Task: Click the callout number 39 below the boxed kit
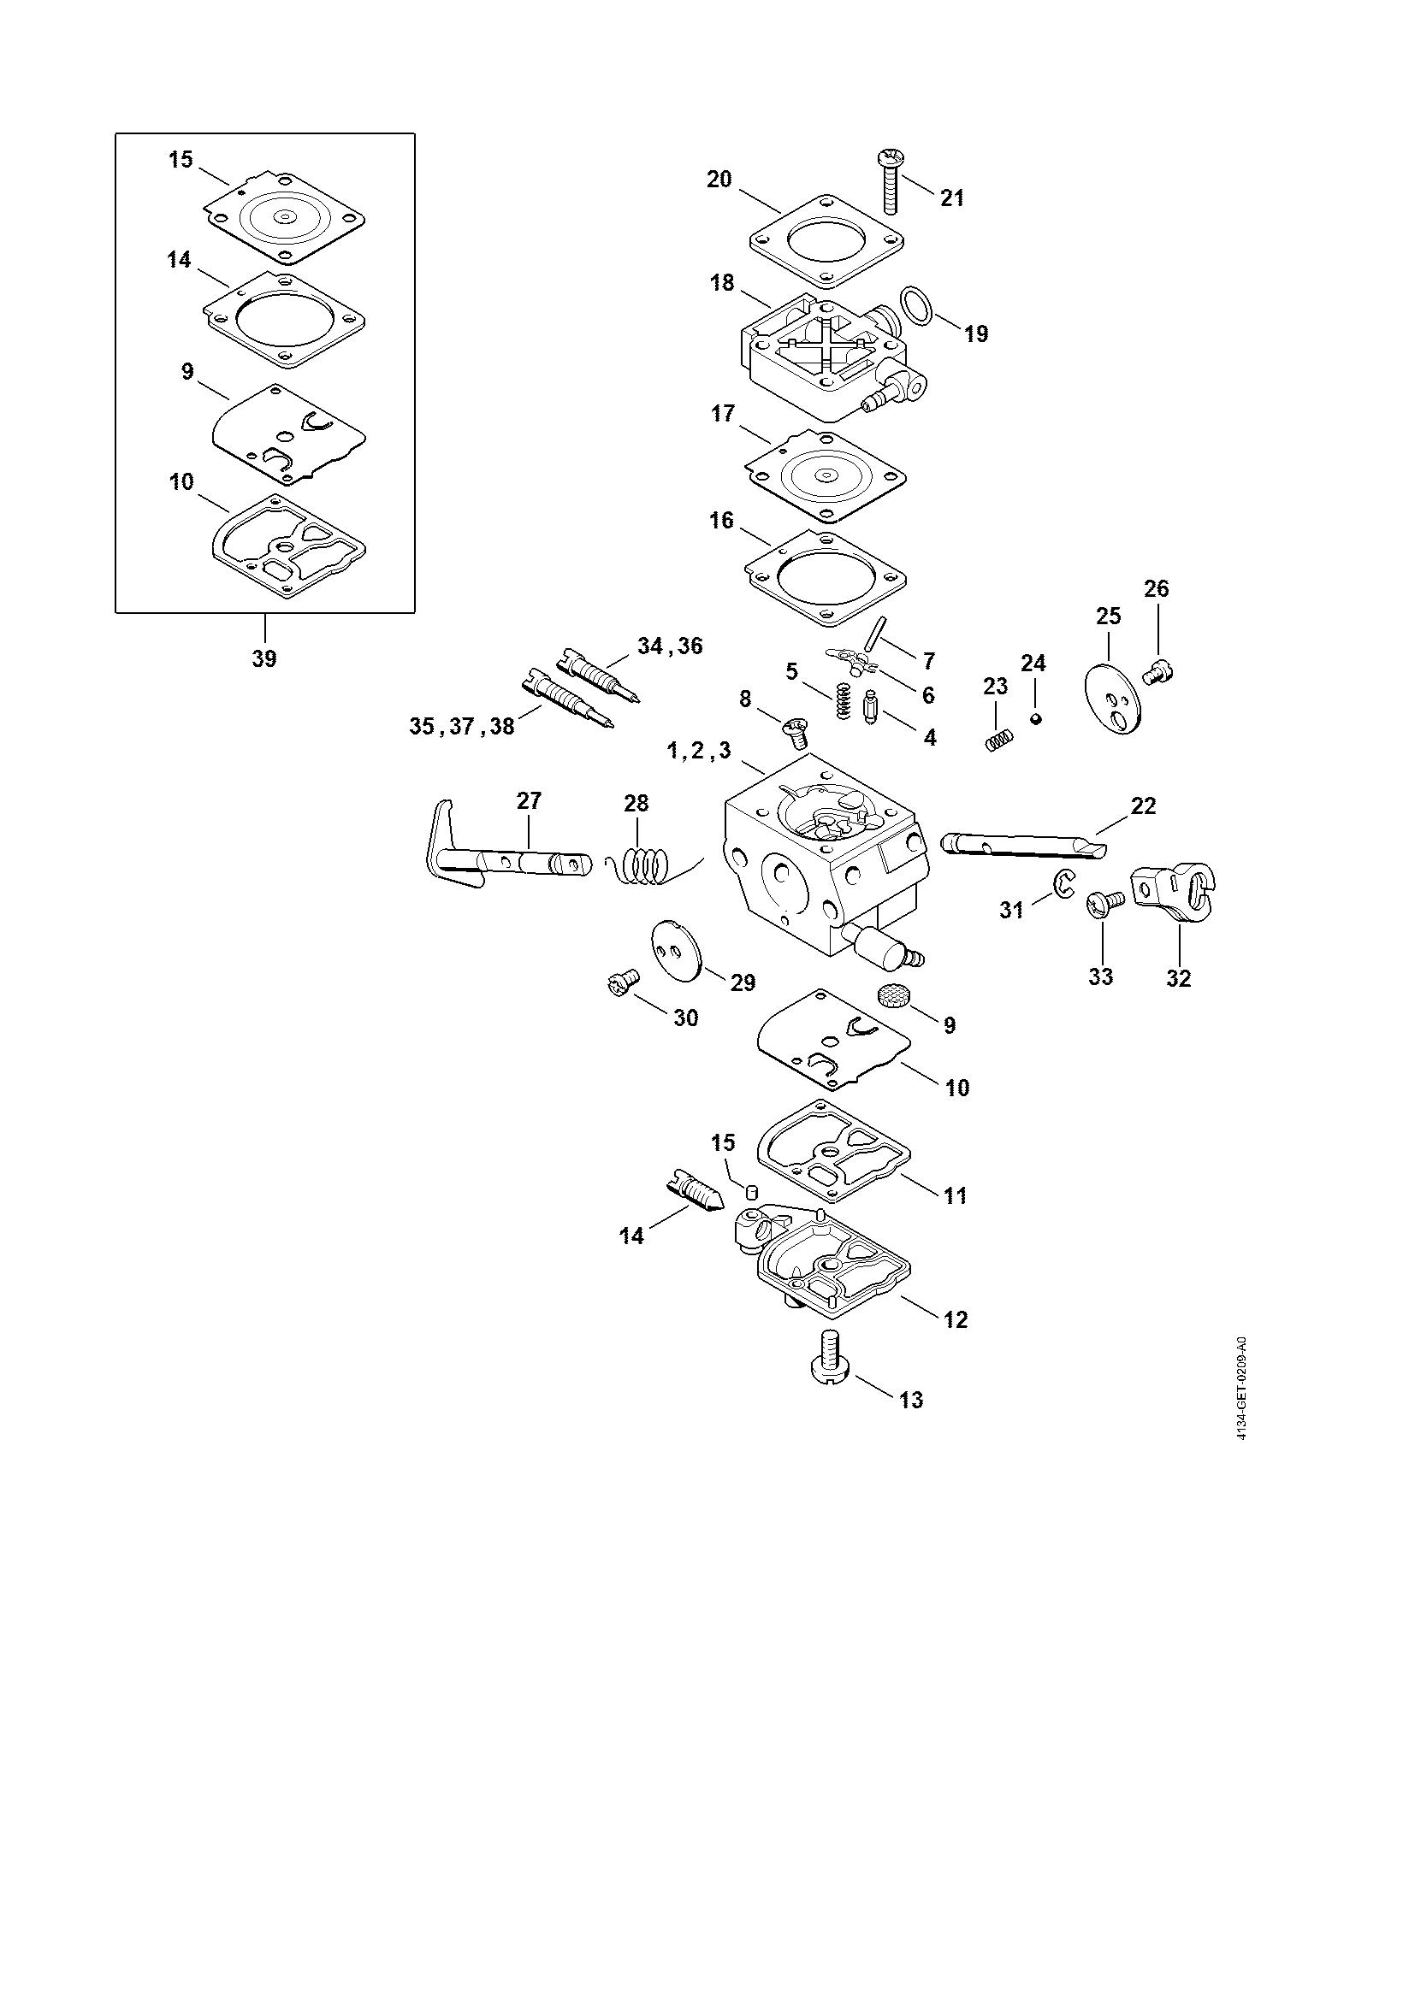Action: [264, 658]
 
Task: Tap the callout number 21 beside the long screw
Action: [952, 198]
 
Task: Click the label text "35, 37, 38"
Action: [462, 727]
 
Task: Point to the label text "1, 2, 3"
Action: [699, 752]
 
